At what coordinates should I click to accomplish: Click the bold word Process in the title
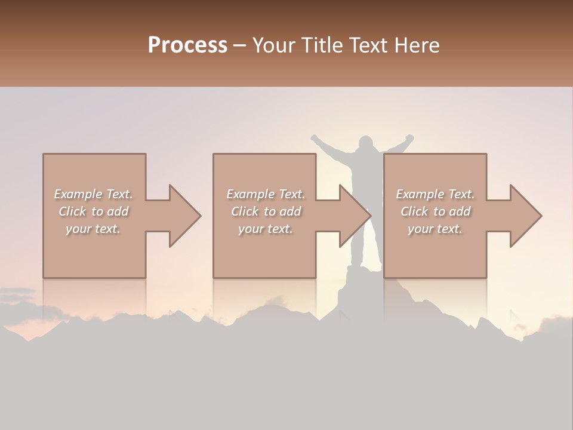[187, 45]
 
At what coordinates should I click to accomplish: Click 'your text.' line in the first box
[94, 229]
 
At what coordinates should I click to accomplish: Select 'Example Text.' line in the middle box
[266, 194]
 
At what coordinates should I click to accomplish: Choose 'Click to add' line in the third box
[436, 211]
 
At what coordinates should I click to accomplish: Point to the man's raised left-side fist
[315, 139]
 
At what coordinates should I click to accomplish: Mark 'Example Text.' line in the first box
[94, 194]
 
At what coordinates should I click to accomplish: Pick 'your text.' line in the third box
[436, 229]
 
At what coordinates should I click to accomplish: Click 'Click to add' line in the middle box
[266, 211]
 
